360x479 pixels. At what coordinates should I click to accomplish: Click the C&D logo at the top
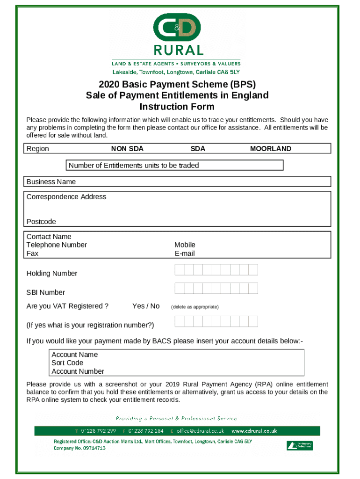click(x=177, y=28)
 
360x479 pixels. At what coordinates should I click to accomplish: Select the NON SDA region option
click(x=127, y=149)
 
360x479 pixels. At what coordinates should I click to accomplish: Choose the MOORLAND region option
click(x=271, y=149)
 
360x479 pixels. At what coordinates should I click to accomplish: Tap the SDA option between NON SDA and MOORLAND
click(x=198, y=149)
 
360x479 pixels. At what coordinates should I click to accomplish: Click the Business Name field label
click(x=51, y=181)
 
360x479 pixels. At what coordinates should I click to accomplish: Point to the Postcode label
click(x=41, y=222)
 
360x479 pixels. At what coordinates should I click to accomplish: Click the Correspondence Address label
click(x=66, y=197)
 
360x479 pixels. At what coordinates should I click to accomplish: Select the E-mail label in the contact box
click(x=185, y=254)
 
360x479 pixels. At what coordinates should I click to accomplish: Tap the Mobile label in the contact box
click(x=185, y=245)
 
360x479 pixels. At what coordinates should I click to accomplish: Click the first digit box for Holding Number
click(x=180, y=270)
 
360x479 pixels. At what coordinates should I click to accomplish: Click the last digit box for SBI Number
click(x=253, y=289)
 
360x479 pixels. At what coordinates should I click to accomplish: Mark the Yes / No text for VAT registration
click(x=146, y=306)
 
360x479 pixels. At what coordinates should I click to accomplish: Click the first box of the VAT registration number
click(x=180, y=321)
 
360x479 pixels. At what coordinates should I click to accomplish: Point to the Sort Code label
click(x=67, y=363)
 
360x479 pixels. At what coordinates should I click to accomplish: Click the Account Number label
click(x=78, y=371)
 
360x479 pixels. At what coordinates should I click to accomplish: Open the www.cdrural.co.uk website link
click(x=254, y=431)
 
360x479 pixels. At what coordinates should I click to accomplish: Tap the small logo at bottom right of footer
click(x=299, y=446)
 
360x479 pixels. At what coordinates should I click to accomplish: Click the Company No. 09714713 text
click(x=79, y=448)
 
